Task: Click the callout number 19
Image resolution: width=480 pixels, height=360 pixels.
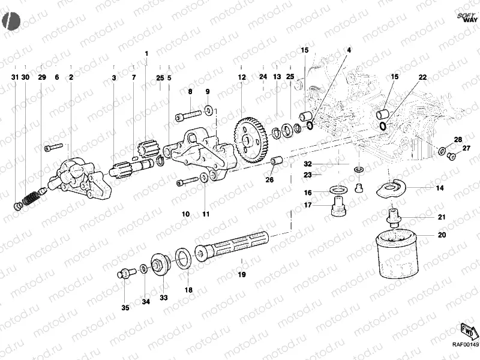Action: coord(241,275)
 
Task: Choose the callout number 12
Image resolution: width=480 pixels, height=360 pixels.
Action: coord(241,77)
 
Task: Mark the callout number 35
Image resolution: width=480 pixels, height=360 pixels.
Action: coord(125,308)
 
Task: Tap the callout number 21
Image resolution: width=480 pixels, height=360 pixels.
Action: coord(441,217)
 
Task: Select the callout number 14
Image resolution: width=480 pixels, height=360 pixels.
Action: coord(440,188)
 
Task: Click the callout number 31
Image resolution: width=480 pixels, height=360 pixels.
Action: coord(14,77)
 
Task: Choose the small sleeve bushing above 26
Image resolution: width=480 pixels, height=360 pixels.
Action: coord(277,161)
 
